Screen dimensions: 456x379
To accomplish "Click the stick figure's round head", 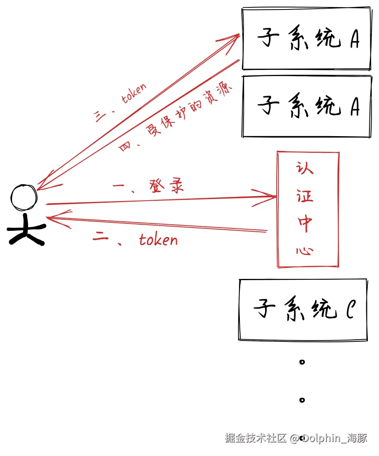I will click(x=24, y=198).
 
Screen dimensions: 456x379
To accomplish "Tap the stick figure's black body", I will click(x=26, y=232).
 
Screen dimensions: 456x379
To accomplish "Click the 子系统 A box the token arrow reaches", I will click(x=306, y=39).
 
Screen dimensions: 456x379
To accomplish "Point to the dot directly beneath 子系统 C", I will click(x=302, y=362).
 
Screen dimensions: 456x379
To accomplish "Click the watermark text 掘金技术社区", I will click(x=256, y=438).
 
